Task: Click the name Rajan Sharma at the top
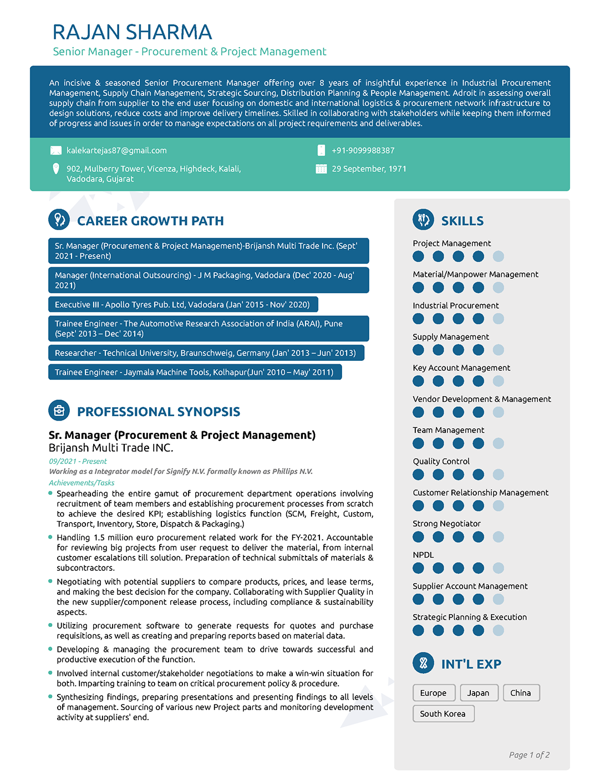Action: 132,32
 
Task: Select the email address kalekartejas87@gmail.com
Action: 116,151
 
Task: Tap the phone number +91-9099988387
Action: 363,151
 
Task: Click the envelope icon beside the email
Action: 56,151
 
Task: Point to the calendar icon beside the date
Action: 321,169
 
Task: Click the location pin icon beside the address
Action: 56,169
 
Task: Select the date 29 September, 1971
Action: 369,169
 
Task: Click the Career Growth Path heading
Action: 150,221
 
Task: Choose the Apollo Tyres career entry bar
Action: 183,305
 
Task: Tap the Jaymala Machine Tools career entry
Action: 195,372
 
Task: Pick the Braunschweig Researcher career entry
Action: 206,353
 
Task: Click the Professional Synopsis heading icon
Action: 59,411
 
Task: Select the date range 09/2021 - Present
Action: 78,461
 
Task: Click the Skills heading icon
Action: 424,220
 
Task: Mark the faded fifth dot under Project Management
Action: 499,256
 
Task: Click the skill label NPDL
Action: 423,555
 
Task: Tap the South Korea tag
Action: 443,714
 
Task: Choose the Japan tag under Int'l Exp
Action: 478,693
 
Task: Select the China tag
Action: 521,693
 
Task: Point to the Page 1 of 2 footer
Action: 529,755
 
